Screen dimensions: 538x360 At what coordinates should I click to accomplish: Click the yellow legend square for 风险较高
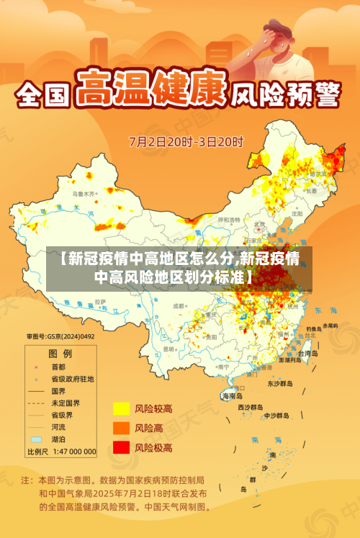(x=120, y=409)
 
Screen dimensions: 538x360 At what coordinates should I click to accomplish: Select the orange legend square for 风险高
(x=120, y=429)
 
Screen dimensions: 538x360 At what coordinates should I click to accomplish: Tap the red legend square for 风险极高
(x=120, y=447)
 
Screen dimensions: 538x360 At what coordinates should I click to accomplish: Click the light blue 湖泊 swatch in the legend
(x=36, y=439)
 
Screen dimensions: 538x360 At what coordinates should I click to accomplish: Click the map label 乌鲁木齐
(x=84, y=194)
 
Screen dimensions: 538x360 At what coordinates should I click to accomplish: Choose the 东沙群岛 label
(x=282, y=384)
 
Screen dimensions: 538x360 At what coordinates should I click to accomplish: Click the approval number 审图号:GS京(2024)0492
(x=60, y=336)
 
